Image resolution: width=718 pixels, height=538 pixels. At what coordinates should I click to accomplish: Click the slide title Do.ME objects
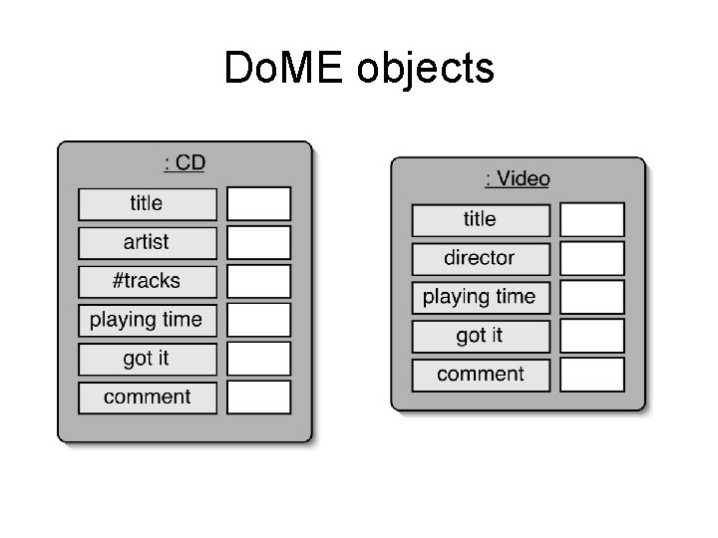click(x=359, y=69)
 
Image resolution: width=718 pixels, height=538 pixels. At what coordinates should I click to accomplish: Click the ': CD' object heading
click(x=184, y=162)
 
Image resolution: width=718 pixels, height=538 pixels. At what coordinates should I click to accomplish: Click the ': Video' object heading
click(x=518, y=178)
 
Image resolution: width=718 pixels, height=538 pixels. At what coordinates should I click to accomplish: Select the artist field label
click(x=147, y=242)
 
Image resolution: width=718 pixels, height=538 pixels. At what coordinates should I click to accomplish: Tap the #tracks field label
click(x=147, y=281)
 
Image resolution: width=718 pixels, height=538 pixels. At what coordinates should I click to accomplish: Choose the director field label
click(x=480, y=258)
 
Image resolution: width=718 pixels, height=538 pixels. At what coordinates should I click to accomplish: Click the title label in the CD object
click(x=147, y=203)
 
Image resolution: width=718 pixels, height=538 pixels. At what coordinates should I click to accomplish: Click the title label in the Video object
click(x=480, y=219)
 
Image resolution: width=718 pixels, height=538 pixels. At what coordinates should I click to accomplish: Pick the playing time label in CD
click(x=147, y=320)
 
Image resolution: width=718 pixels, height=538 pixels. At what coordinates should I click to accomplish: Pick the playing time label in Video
click(x=480, y=297)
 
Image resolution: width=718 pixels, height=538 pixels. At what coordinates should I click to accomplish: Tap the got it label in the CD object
click(x=147, y=359)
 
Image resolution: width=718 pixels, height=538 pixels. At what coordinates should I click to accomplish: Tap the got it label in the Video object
click(x=480, y=336)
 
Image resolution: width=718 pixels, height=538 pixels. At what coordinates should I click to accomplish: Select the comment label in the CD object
click(x=147, y=398)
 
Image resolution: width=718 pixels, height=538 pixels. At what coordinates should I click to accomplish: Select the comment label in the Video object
click(x=480, y=375)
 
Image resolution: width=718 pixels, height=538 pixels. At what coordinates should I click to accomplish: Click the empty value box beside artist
click(x=258, y=242)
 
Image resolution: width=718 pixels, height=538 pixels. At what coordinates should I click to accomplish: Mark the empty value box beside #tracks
click(x=258, y=281)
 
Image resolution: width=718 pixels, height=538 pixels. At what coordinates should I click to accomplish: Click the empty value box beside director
click(x=591, y=258)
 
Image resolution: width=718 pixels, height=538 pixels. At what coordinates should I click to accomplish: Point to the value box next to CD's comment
click(x=258, y=398)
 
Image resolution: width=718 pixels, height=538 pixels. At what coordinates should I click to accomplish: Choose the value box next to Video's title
click(x=591, y=219)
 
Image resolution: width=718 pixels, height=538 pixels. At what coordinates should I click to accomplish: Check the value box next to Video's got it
click(x=591, y=336)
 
